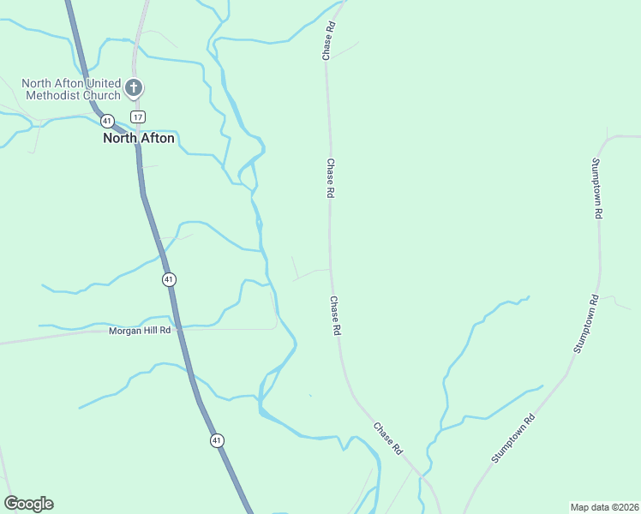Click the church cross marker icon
pyautogui.click(x=134, y=87)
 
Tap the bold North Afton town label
pyautogui.click(x=138, y=138)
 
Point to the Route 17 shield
pyautogui.click(x=138, y=117)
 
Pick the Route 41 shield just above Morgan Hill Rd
pyautogui.click(x=169, y=279)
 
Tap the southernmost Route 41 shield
pyautogui.click(x=217, y=440)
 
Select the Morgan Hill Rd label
pyautogui.click(x=140, y=330)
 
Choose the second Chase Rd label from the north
pyautogui.click(x=329, y=178)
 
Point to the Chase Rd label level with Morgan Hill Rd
pyautogui.click(x=336, y=316)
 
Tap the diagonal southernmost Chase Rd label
pyautogui.click(x=387, y=437)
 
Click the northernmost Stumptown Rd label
pyautogui.click(x=597, y=188)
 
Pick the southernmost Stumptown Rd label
pyautogui.click(x=512, y=439)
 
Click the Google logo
pyautogui.click(x=28, y=504)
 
